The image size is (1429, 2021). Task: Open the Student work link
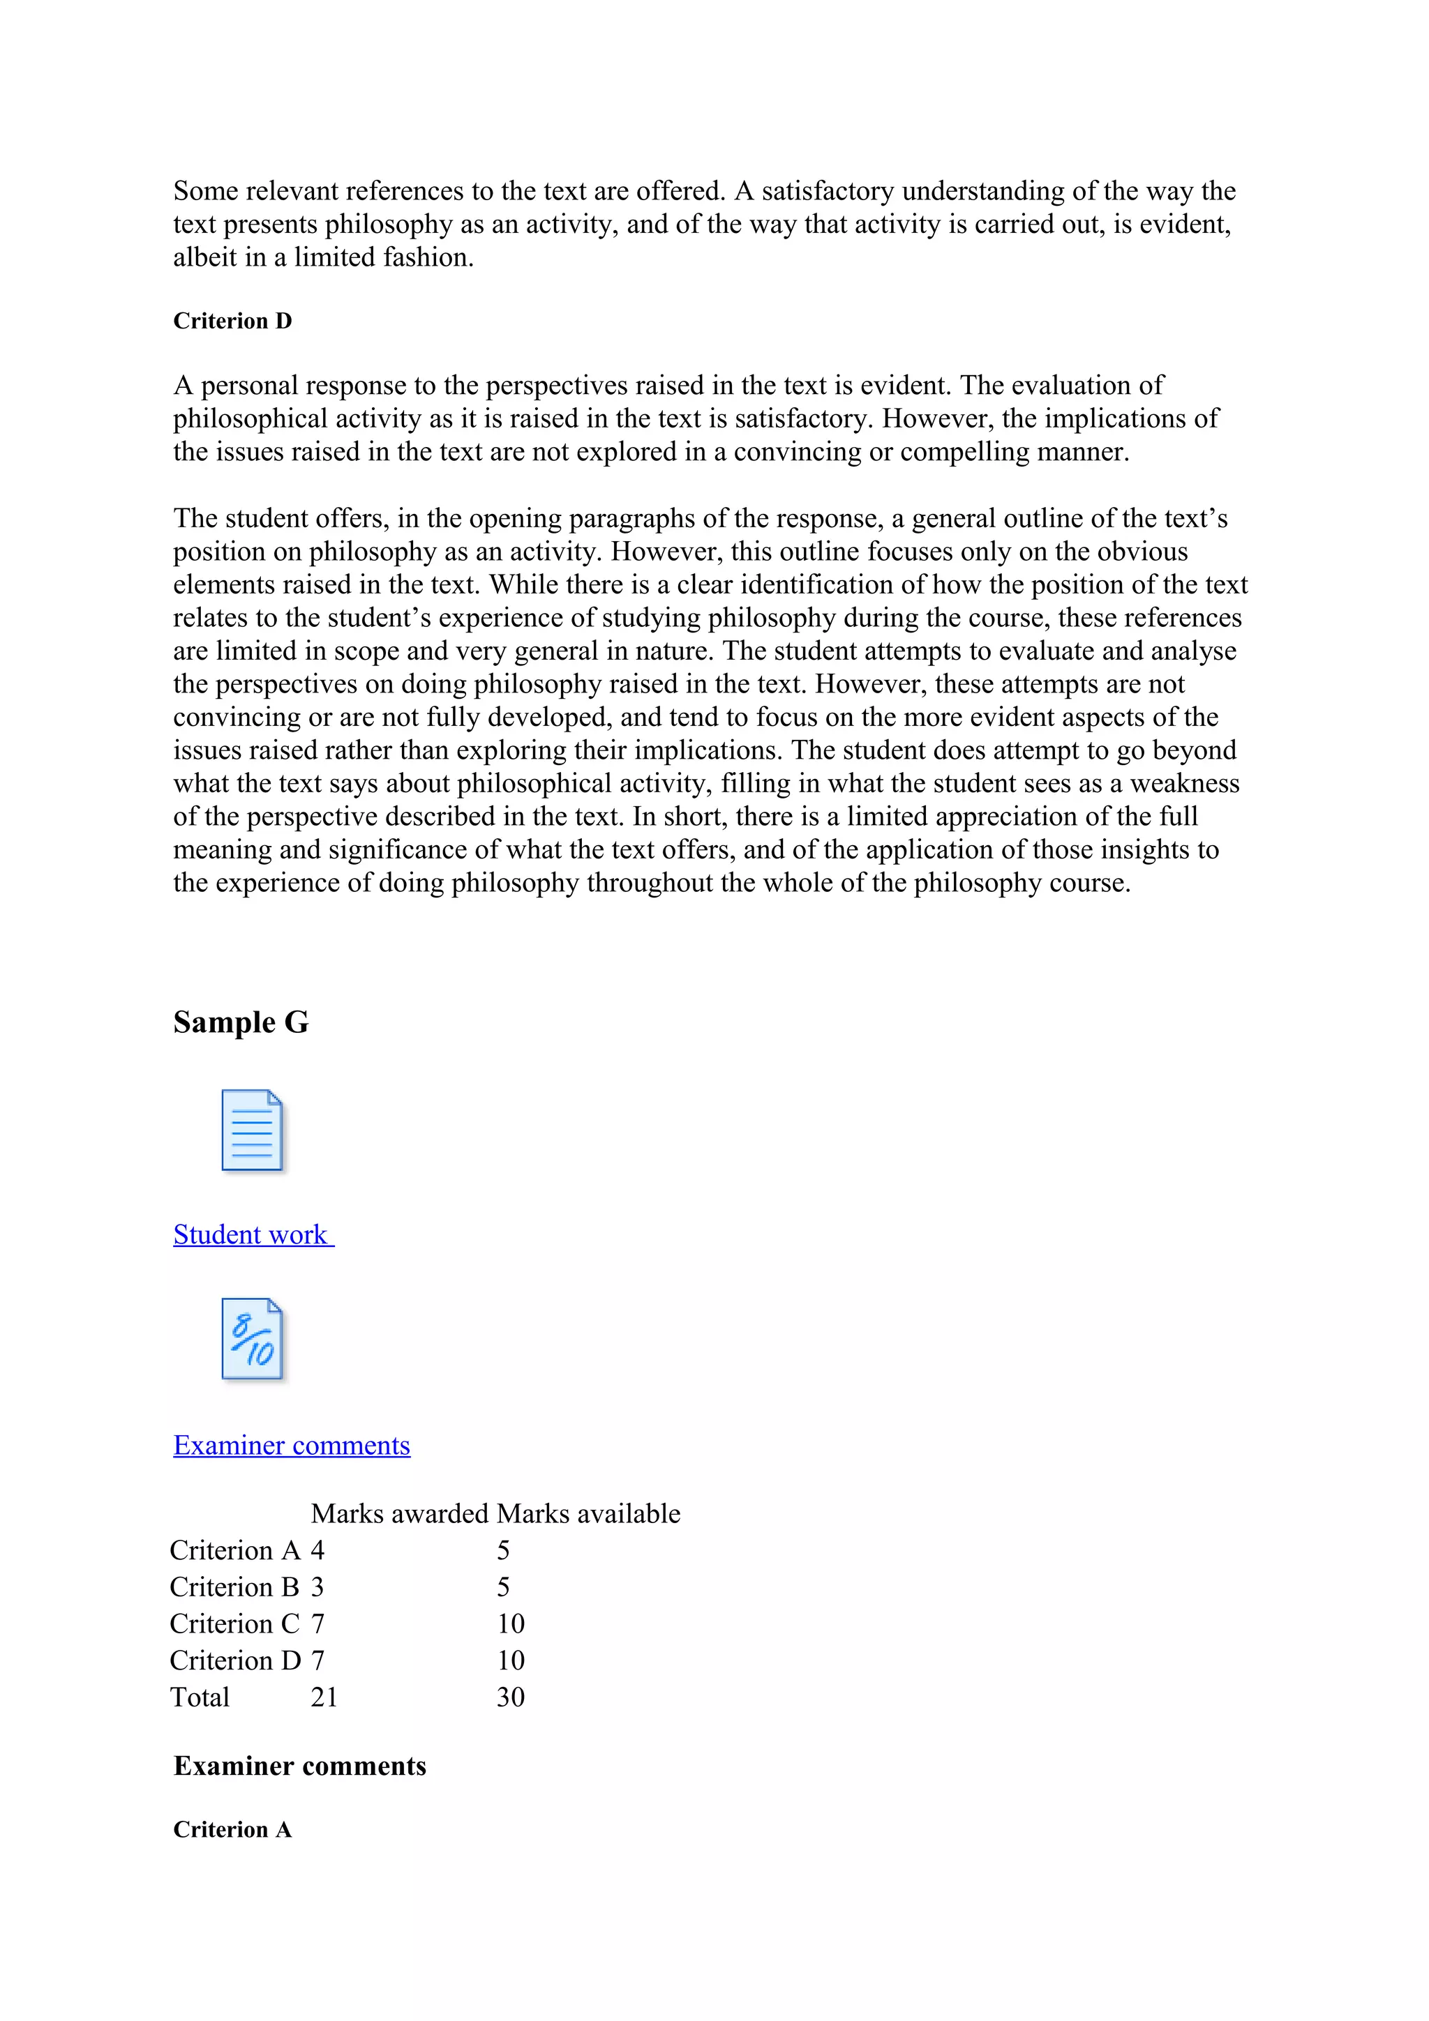pos(252,1234)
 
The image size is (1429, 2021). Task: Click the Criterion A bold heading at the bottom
pos(232,1829)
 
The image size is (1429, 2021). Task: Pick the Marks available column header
pos(588,1513)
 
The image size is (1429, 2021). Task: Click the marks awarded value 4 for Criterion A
pos(318,1550)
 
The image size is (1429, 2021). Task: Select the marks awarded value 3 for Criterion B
pos(318,1587)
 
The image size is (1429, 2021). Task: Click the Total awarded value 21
pos(324,1697)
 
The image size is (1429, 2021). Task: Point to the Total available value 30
pos(511,1697)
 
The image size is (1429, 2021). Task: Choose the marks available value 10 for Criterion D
pos(511,1660)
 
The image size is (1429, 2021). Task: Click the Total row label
pos(200,1697)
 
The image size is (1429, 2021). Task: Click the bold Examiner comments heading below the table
pos(299,1766)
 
